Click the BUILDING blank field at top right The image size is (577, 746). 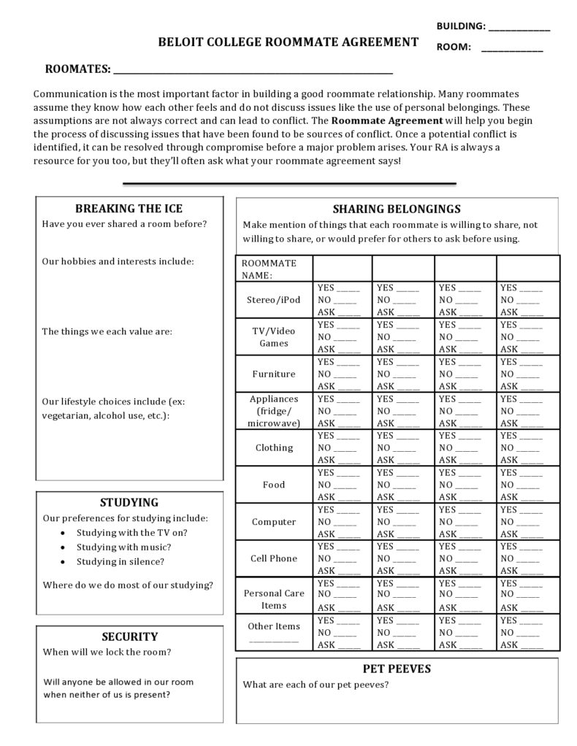click(519, 28)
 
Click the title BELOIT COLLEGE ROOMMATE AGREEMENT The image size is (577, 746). click(288, 42)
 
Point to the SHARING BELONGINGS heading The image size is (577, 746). click(397, 209)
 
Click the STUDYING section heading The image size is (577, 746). click(129, 503)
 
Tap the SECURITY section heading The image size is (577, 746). click(129, 637)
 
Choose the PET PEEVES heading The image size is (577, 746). click(397, 669)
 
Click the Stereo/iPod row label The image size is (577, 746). click(274, 300)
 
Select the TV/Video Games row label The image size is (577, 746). click(274, 337)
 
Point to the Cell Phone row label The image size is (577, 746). click(274, 558)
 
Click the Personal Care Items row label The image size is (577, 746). click(274, 599)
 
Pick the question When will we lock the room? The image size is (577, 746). click(107, 652)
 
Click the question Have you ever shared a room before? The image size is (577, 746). click(124, 224)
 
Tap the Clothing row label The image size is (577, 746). click(274, 447)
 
